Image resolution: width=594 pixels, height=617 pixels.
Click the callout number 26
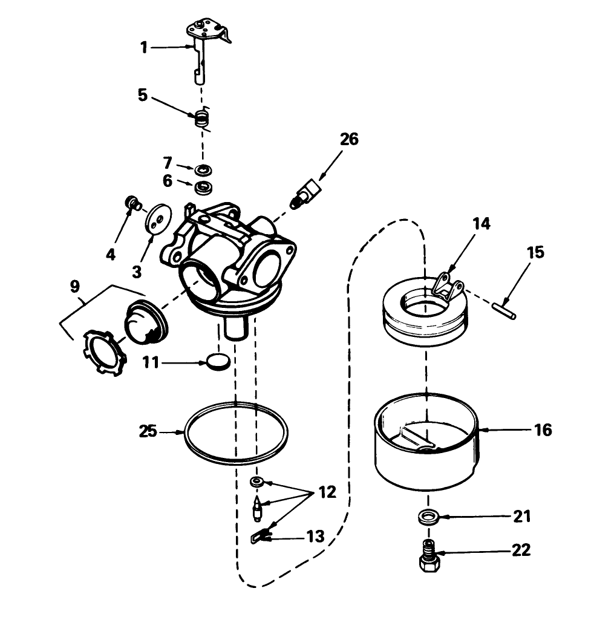[x=348, y=139]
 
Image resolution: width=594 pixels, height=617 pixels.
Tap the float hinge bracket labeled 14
[x=449, y=284]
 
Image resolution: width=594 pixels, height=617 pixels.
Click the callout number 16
[x=543, y=430]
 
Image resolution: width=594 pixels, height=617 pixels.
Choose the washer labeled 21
[x=429, y=517]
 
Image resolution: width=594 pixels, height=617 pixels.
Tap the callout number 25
[x=148, y=432]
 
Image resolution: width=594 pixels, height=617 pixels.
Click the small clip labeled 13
[x=260, y=535]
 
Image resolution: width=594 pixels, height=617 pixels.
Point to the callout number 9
[x=74, y=286]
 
